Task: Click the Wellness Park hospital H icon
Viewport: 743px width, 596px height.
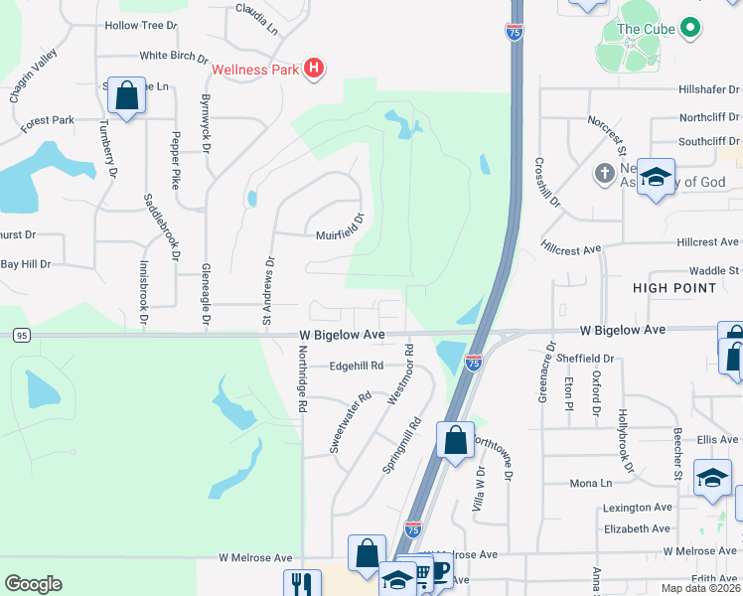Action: (x=313, y=69)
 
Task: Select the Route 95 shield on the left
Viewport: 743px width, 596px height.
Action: (x=21, y=336)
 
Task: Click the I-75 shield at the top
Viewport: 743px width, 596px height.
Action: (x=514, y=34)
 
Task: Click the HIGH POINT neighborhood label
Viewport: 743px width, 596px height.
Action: (x=674, y=288)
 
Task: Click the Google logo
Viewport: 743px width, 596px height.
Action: (x=33, y=584)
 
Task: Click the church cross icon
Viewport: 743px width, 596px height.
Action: (x=603, y=174)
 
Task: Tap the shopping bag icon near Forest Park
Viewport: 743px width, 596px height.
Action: (x=126, y=96)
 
